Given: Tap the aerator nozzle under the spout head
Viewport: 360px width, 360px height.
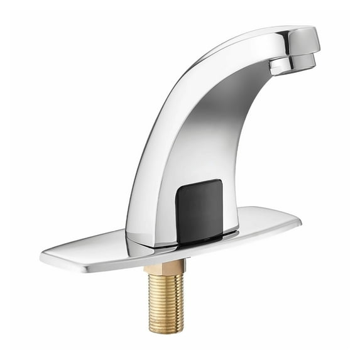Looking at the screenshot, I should (x=293, y=63).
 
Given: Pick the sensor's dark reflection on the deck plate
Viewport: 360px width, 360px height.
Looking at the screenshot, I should (x=207, y=237).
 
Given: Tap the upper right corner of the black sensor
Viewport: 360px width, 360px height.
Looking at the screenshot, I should (x=219, y=183).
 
